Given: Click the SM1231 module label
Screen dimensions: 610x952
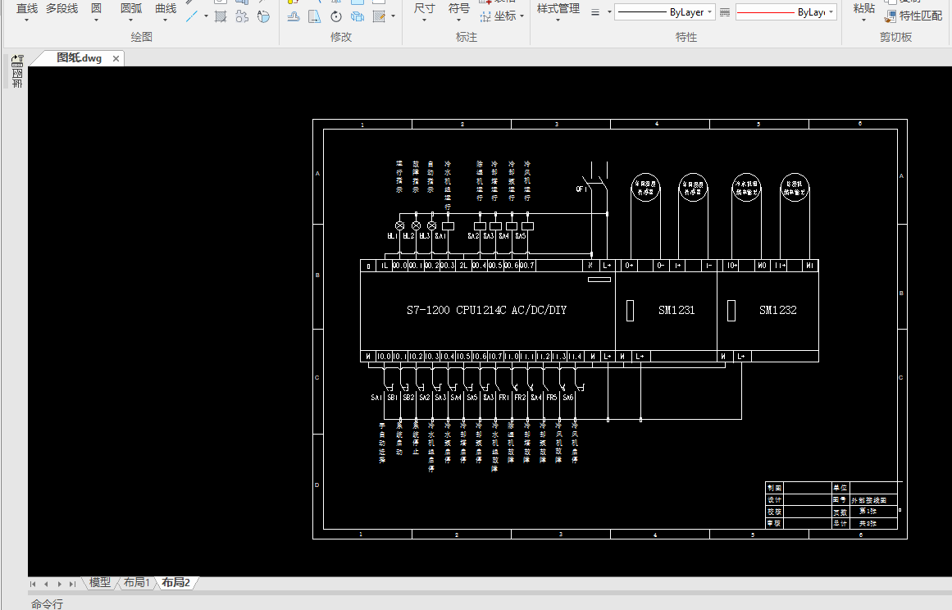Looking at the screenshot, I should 676,311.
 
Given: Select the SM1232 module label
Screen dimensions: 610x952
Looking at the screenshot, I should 777,311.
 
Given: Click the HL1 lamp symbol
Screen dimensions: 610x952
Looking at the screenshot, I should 400,225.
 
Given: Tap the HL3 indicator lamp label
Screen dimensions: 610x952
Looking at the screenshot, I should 425,236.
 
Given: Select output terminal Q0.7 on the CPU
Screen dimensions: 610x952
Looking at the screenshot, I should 527,266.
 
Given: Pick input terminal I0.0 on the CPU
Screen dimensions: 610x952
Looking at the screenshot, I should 384,357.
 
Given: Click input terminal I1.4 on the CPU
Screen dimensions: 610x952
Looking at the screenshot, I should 576,357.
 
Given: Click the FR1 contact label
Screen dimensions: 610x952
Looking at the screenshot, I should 503,398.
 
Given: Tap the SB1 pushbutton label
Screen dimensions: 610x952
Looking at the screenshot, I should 392,398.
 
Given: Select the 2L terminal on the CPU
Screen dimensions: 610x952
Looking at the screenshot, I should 463,266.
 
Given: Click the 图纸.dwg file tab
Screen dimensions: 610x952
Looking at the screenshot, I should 79,58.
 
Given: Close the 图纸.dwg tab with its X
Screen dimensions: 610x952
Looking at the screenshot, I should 116,58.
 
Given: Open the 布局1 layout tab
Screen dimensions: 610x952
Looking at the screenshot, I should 136,583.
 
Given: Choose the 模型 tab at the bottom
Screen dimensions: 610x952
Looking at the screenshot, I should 100,583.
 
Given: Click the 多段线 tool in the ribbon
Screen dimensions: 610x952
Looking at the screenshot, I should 61,9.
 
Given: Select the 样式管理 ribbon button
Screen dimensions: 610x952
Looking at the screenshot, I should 558,9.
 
